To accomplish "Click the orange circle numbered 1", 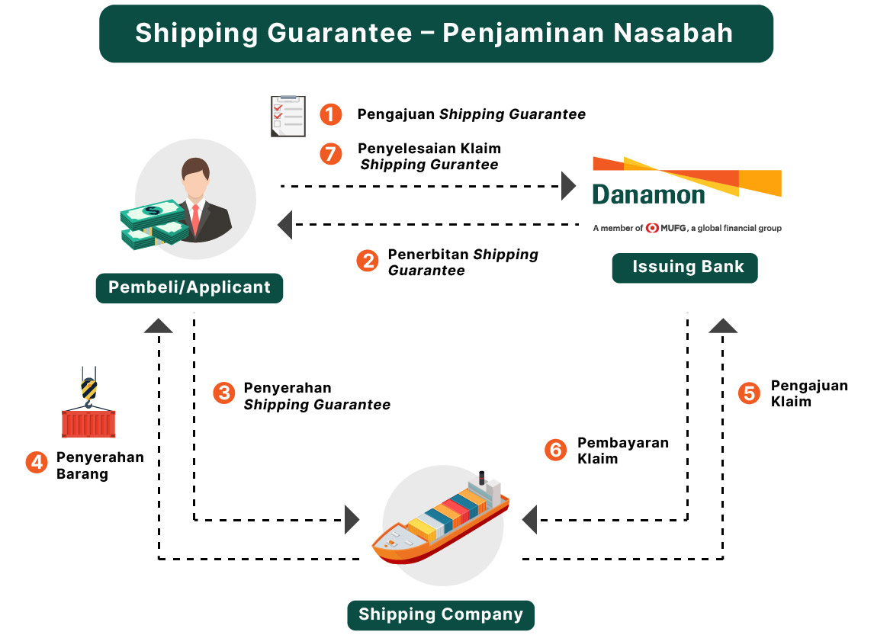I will tap(330, 114).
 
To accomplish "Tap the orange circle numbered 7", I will tap(330, 154).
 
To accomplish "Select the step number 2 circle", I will tap(368, 261).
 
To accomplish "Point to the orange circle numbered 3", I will tap(223, 393).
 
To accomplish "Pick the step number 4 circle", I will tap(36, 463).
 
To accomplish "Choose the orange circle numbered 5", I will tap(750, 393).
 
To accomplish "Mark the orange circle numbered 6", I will tap(556, 450).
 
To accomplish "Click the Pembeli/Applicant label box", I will tap(189, 287).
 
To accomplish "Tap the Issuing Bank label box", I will tap(685, 268).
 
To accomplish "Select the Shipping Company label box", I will tap(441, 615).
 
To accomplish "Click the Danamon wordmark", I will tap(648, 195).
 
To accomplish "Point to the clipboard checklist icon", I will tap(288, 116).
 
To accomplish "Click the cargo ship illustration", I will tap(442, 518).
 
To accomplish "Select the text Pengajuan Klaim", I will tap(808, 393).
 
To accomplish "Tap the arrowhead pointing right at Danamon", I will tap(569, 185).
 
